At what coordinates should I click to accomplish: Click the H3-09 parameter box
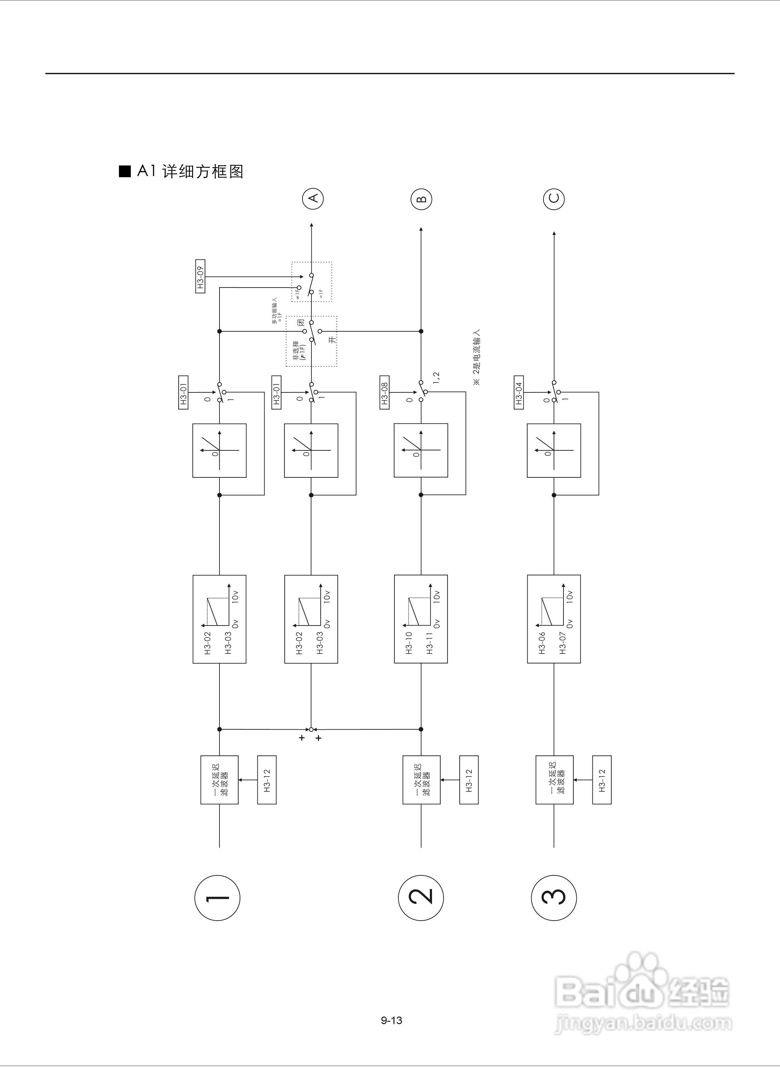click(x=200, y=276)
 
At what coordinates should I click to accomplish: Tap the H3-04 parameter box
click(x=518, y=392)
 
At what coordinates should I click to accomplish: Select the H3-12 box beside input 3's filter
click(x=601, y=780)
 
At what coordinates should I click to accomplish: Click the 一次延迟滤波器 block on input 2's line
click(x=421, y=780)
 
